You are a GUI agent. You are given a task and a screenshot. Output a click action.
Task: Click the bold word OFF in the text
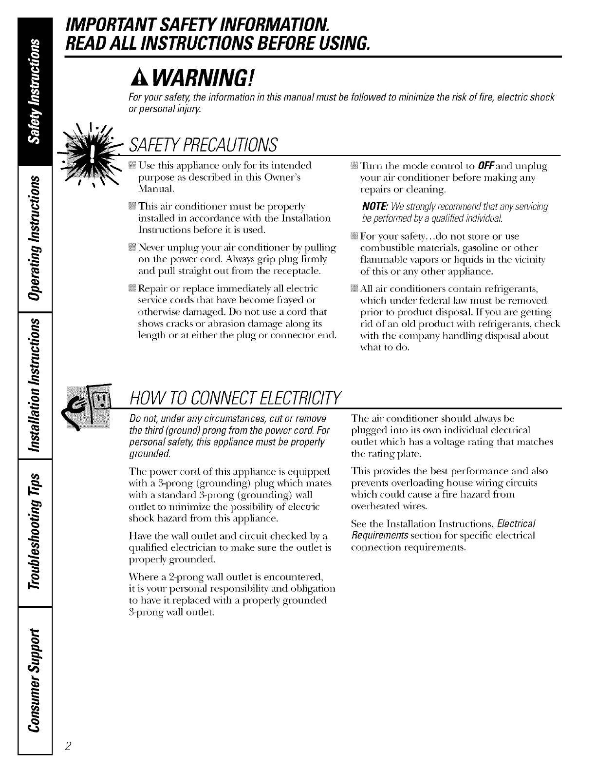tap(462, 166)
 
